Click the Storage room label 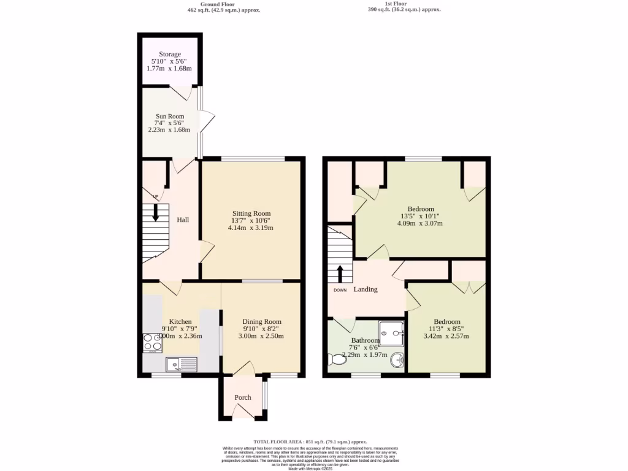coord(169,55)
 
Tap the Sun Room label coord(169,115)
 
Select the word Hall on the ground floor coord(183,220)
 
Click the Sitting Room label coord(251,213)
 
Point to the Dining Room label coord(262,321)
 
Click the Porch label coord(243,397)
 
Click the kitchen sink coord(181,365)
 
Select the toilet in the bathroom coord(337,359)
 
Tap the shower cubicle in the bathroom coord(392,334)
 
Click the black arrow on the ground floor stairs coord(155,212)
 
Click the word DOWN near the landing coord(340,290)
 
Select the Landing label coord(366,289)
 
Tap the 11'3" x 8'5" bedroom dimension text coord(447,329)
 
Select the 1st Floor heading coord(396,3)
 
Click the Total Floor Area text coord(310,442)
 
